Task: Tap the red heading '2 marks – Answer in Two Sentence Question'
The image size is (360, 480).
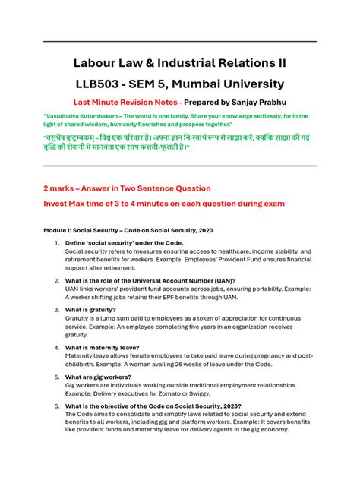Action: pyautogui.click(x=127, y=188)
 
